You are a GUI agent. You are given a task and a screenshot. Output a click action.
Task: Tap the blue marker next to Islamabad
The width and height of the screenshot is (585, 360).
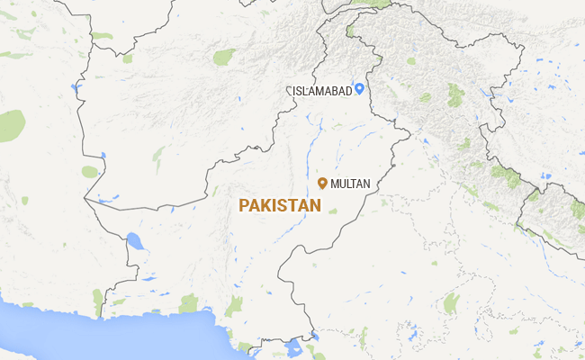(359, 88)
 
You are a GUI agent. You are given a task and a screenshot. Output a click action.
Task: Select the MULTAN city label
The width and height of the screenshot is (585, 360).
(350, 184)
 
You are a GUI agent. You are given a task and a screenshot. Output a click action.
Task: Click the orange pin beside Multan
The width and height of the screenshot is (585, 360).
(322, 183)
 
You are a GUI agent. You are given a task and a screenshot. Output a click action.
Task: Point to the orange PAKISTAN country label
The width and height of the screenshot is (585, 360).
(280, 206)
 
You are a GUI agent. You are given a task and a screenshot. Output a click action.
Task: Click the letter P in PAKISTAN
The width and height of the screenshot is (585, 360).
(244, 206)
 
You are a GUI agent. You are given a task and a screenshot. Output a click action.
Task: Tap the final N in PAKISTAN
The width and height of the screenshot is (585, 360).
(315, 206)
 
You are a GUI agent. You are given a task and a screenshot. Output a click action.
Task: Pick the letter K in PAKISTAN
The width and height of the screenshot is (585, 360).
(267, 206)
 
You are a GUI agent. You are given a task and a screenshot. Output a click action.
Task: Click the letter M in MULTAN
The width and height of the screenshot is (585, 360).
(335, 184)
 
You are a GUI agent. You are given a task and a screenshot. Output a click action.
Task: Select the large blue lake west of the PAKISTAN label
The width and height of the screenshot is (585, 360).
(135, 241)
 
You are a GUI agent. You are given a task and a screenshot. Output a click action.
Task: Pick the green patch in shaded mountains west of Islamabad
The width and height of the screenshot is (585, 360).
(223, 58)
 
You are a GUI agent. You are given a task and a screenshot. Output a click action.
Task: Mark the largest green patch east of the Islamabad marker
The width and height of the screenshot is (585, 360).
(455, 94)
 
